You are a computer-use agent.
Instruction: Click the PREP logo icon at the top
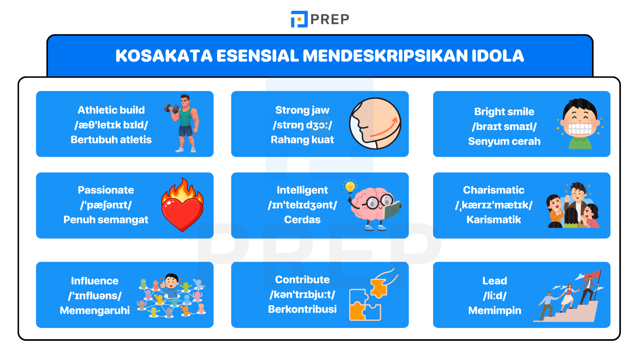299,19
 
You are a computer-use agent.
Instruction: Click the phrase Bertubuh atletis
111,140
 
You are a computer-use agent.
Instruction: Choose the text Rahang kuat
302,140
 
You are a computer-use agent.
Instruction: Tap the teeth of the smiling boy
580,129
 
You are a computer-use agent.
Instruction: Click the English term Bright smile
504,112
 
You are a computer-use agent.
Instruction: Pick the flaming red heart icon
182,205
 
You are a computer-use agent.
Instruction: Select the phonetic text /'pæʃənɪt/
106,205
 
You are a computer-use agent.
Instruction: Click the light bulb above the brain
350,186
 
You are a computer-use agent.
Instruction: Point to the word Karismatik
494,220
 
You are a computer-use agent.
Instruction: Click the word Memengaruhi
95,310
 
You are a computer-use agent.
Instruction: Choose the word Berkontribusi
302,309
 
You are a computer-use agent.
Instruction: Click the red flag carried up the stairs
593,276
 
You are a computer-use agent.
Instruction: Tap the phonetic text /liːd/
495,296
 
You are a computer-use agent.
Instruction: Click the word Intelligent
302,190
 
